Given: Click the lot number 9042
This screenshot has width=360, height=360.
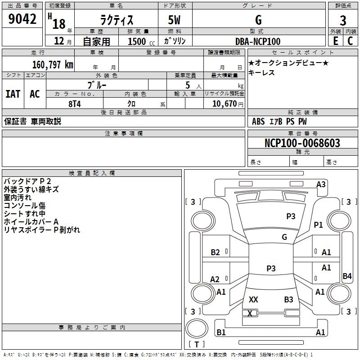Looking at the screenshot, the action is pos(22,19).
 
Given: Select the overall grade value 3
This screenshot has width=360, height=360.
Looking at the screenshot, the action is pos(343,21).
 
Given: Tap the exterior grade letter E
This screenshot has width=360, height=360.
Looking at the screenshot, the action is pos(335,41).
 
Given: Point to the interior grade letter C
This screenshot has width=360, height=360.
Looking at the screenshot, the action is pos(350,41).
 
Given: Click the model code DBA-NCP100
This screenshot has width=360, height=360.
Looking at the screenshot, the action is pos(257,41).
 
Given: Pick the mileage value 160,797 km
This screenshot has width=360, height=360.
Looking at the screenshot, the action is pos(53,65).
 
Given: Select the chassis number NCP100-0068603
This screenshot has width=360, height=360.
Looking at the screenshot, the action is pos(302,143).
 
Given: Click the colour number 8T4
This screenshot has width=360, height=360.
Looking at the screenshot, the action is pos(75,104).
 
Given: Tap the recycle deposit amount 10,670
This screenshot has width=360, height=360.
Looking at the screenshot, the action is pos(225,104).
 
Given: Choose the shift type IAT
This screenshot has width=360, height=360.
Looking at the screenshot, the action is pos(13,94).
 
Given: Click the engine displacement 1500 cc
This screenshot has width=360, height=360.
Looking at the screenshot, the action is pos(141,41).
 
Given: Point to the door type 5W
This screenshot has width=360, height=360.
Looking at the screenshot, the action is pos(174,20).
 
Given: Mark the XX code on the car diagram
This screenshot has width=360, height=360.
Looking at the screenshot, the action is pos(253,299).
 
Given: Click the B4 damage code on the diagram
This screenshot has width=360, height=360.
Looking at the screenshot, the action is pos(347,276).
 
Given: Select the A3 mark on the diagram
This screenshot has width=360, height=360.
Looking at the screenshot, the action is pos(321,184).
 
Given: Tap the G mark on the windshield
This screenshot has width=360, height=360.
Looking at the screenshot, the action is pos(284,237).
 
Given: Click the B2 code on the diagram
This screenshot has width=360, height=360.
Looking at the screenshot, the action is pos(215,252).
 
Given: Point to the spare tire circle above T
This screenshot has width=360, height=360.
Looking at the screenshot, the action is pos(197,328).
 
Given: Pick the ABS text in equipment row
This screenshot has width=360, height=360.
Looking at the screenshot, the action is pos(258,121).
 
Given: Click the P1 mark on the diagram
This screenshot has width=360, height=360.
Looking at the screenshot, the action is pos(318,225).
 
